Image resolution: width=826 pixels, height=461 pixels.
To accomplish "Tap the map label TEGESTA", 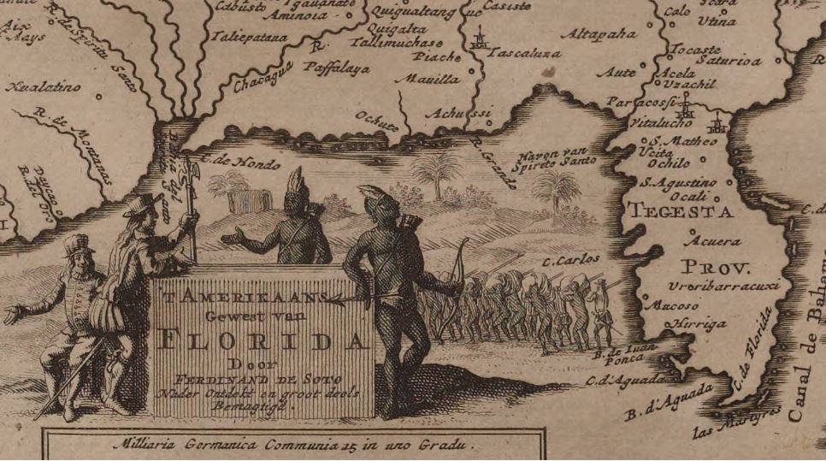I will pos(680,210).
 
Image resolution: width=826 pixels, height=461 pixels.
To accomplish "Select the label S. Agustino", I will pos(680,181).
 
